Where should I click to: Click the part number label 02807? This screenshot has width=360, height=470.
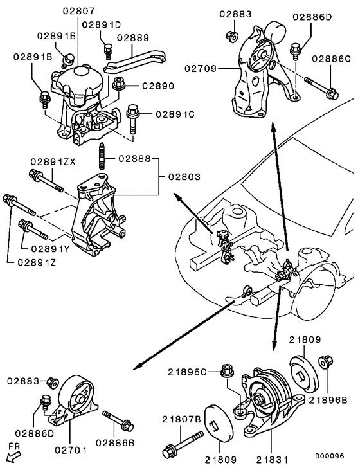point(79,11)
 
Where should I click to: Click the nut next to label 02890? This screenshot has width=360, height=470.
point(118,84)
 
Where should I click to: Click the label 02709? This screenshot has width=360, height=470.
point(203,68)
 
